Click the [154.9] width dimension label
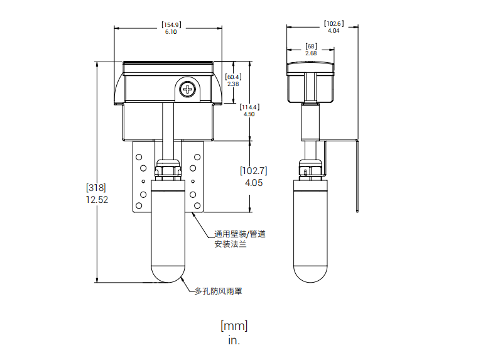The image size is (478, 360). tap(171, 25)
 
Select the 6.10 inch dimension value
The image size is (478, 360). tap(171, 32)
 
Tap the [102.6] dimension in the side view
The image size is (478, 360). tap(334, 23)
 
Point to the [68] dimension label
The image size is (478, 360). tap(312, 46)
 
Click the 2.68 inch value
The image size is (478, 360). tap(311, 53)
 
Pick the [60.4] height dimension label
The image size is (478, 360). tap(233, 77)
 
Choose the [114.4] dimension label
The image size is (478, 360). tap(249, 107)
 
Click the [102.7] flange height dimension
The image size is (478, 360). tap(253, 171)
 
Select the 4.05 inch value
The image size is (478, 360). tap(254, 183)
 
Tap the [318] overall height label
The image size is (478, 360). tap(96, 187)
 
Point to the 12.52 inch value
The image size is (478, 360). tap(97, 200)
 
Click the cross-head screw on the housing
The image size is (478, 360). tap(187, 89)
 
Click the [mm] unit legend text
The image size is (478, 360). tap(234, 326)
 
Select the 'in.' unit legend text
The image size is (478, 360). tap(234, 340)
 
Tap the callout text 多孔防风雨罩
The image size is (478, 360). tap(218, 292)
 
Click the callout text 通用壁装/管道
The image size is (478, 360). tap(239, 234)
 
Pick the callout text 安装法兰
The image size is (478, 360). tap(230, 244)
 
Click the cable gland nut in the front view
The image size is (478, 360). tap(168, 170)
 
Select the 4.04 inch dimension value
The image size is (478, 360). tap(334, 31)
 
